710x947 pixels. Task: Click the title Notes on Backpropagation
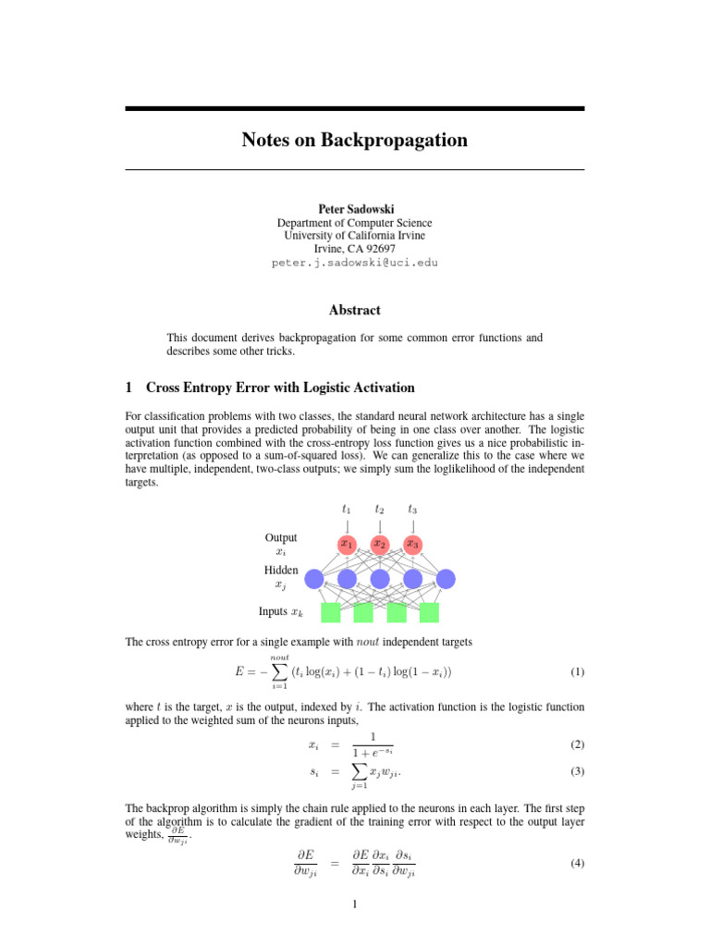(x=354, y=141)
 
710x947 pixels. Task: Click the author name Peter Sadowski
(x=354, y=208)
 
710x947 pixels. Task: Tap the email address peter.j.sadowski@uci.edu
(x=354, y=262)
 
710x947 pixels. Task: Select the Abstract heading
(x=354, y=310)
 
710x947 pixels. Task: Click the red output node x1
(x=347, y=545)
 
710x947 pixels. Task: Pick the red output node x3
(x=412, y=545)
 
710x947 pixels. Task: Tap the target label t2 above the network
(x=380, y=509)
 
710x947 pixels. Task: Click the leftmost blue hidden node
(x=313, y=579)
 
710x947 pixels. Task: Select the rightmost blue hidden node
(x=446, y=579)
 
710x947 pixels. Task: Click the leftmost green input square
(x=330, y=612)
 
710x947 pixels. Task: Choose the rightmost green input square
(x=429, y=612)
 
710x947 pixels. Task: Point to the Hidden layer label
(x=281, y=571)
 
